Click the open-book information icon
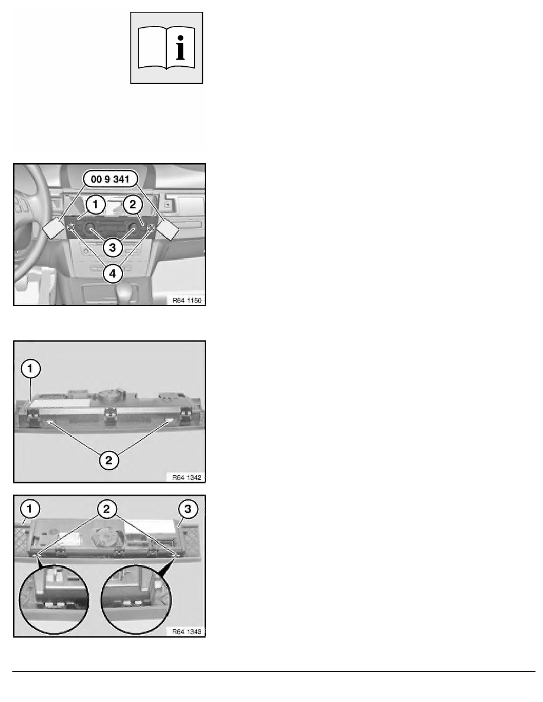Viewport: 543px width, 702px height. [167, 48]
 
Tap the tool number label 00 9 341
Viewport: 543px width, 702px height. [110, 179]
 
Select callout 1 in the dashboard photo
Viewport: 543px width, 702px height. [95, 204]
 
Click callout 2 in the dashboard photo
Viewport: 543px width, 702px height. [132, 204]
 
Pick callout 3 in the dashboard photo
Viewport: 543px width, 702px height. [112, 247]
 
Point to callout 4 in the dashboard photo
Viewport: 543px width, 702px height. [112, 273]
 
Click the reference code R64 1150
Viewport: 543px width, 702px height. [188, 300]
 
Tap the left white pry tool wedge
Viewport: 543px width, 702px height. [53, 229]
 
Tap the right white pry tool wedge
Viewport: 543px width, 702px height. [168, 229]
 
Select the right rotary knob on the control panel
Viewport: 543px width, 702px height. [132, 227]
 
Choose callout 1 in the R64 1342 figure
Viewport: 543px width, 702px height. [31, 369]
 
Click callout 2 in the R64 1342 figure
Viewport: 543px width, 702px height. [109, 460]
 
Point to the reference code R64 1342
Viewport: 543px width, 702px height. [187, 477]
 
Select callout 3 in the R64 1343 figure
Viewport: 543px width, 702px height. [188, 509]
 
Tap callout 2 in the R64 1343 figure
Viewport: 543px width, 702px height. [106, 509]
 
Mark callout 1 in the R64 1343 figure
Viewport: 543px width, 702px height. [30, 509]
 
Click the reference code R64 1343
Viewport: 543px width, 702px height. [187, 632]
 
